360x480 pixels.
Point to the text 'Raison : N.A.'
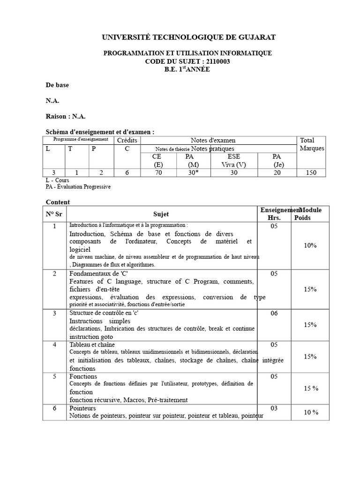pyautogui.click(x=66, y=116)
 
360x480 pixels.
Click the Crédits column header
pyautogui.click(x=127, y=140)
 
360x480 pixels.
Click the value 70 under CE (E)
pyautogui.click(x=157, y=172)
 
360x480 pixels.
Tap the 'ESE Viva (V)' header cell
pyautogui.click(x=233, y=161)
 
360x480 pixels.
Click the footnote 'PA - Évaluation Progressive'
pyautogui.click(x=78, y=187)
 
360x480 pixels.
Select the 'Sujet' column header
pyautogui.click(x=161, y=214)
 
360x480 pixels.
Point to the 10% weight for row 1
pyautogui.click(x=310, y=245)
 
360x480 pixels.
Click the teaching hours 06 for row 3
pyautogui.click(x=274, y=313)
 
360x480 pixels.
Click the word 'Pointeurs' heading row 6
pyautogui.click(x=82, y=408)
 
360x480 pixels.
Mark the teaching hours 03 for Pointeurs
pyautogui.click(x=274, y=408)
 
